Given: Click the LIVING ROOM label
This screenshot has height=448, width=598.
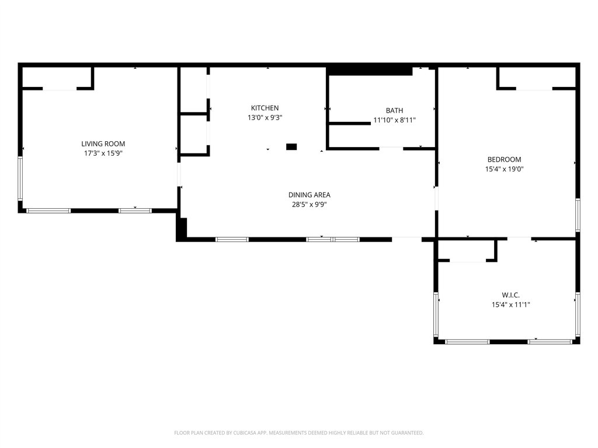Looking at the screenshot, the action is click(103, 143).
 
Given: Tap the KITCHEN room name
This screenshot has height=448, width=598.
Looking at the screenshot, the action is click(265, 108).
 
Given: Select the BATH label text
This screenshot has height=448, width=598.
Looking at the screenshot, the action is click(394, 110).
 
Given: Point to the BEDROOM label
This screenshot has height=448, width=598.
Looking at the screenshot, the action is click(504, 160).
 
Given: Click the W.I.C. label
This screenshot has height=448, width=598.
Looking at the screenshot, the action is click(510, 295).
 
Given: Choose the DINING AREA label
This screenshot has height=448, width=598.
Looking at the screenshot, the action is click(310, 195).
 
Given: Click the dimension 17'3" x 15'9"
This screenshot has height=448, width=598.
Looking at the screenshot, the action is click(103, 153).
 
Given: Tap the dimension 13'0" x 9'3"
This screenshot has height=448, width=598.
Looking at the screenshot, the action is click(265, 118).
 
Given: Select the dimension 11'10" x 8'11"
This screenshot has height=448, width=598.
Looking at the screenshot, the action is click(394, 120).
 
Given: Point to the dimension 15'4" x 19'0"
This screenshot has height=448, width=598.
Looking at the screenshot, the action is click(504, 169).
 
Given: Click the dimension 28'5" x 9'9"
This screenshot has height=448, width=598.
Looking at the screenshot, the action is click(310, 205).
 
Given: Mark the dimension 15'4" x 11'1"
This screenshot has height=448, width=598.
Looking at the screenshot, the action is click(510, 304).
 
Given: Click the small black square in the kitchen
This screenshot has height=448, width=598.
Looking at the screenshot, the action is click(291, 146).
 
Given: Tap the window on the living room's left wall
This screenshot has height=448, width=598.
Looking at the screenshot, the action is click(20, 178).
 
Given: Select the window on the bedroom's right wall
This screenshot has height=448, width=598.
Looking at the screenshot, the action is click(578, 215).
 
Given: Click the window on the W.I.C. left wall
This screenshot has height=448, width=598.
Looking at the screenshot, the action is click(436, 314).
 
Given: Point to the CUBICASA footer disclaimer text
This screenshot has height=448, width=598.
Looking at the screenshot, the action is click(298, 433).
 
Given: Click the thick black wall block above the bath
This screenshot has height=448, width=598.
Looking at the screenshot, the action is click(370, 71).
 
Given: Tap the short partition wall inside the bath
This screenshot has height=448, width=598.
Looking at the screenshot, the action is click(350, 124).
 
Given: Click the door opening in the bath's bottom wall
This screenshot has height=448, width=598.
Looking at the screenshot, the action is click(391, 148).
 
